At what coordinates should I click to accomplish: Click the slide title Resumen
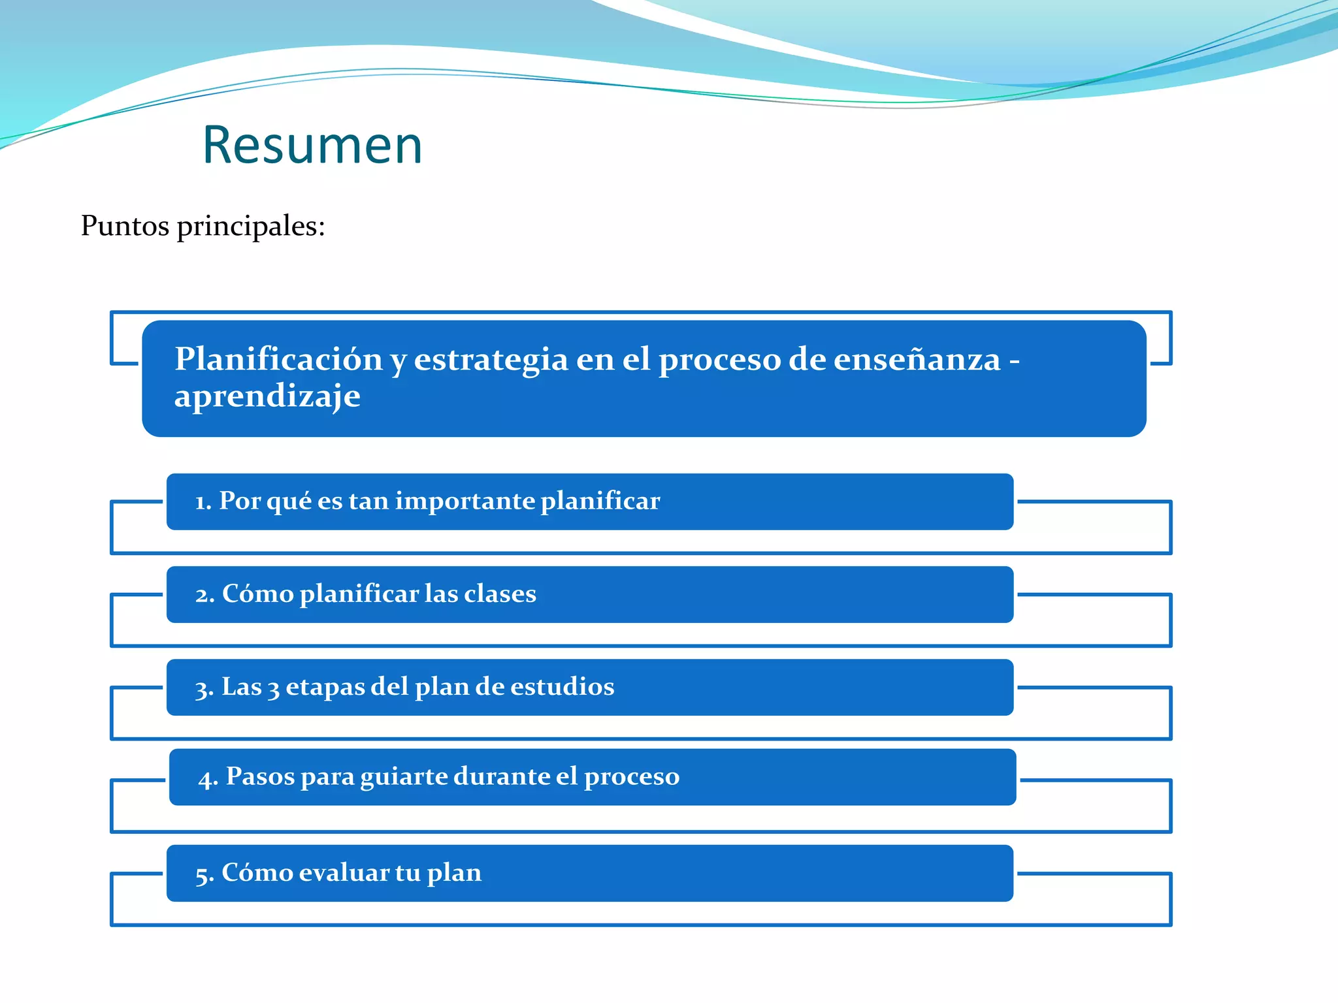[312, 145]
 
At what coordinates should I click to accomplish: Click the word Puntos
[125, 226]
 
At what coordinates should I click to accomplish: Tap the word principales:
[251, 227]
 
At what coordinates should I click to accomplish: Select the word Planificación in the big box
[278, 360]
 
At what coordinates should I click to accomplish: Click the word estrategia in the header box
[491, 360]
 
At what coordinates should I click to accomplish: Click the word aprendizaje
[267, 396]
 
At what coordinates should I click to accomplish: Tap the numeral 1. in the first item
[203, 501]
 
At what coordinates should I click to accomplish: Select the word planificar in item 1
[600, 501]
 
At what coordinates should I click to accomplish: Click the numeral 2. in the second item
[204, 595]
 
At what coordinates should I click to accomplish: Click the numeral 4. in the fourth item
[208, 778]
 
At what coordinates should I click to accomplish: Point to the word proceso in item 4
[631, 777]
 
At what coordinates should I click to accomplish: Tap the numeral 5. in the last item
[204, 874]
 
